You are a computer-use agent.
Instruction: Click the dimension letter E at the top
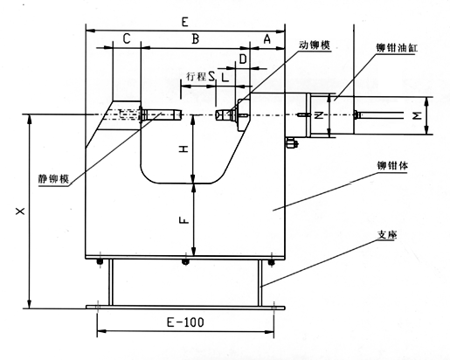coord(185,22)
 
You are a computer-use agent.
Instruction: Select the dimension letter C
coord(127,38)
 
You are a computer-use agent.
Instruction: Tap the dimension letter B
coord(196,38)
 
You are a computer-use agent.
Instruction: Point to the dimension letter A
coord(267,38)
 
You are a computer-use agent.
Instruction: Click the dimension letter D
coord(243,59)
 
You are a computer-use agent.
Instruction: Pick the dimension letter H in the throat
coord(183,149)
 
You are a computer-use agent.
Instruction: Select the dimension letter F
coord(183,220)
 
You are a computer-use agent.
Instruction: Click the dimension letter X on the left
coord(20,211)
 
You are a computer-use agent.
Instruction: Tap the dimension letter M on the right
coord(418,116)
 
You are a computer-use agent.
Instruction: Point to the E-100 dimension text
coord(185,322)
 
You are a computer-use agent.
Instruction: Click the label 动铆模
coord(315,45)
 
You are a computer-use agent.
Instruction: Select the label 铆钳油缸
coord(397,48)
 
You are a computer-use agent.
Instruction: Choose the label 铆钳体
coord(392,166)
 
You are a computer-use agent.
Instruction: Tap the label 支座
coord(387,235)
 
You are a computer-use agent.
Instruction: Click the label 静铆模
coord(53,178)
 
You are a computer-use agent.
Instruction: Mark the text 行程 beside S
coord(196,77)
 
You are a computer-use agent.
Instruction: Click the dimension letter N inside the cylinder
coord(319,116)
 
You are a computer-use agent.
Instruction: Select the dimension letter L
coord(225,78)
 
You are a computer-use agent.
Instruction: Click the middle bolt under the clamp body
coord(185,261)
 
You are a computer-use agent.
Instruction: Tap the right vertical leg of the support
coord(260,282)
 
